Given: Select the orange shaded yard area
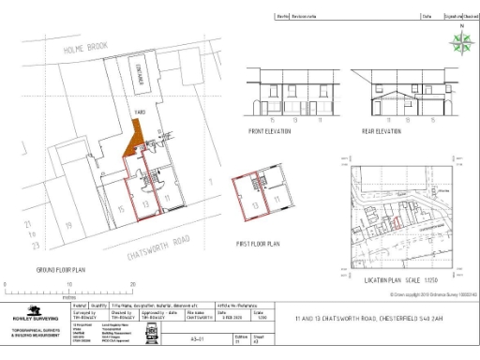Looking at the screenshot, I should (x=138, y=141).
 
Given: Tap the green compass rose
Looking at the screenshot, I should (x=460, y=41).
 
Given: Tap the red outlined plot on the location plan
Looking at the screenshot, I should (x=397, y=221).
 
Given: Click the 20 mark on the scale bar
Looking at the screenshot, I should (x=132, y=283).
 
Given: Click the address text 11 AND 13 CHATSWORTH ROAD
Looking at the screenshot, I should (x=362, y=318).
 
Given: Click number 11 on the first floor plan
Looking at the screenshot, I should (x=276, y=203).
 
